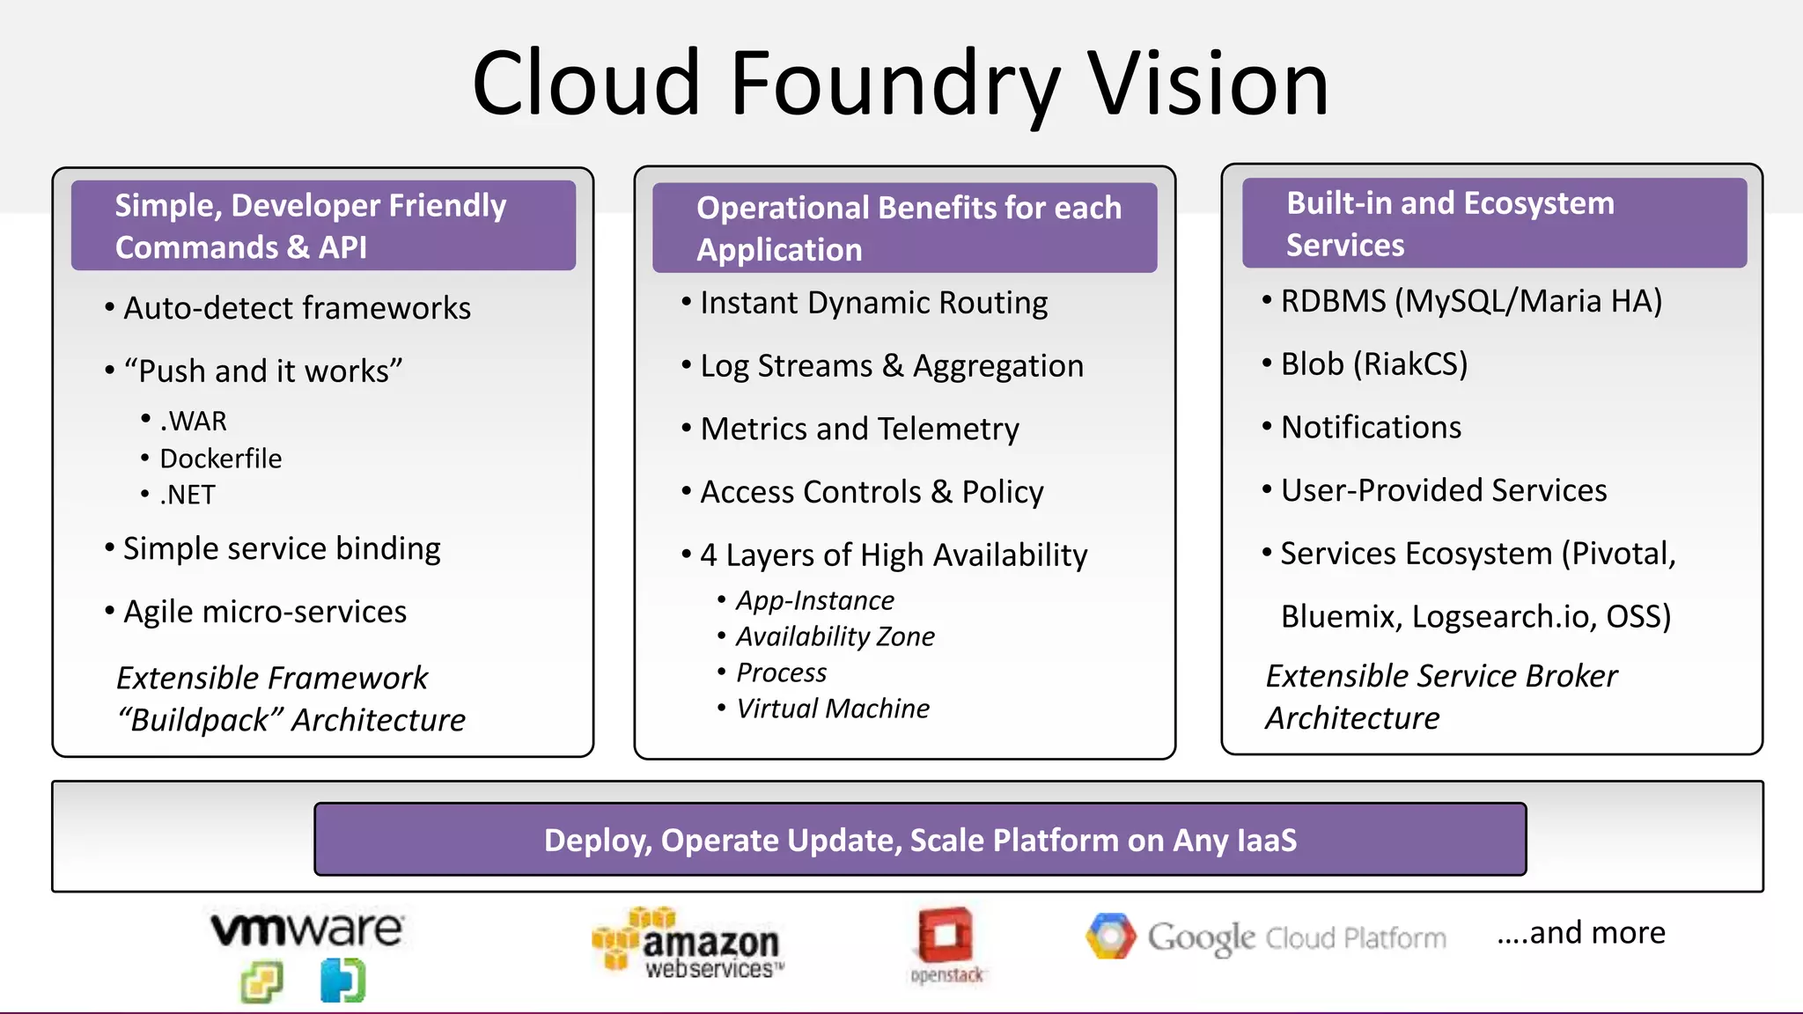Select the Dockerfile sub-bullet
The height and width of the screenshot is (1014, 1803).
pos(220,459)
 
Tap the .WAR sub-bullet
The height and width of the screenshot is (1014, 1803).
pos(193,421)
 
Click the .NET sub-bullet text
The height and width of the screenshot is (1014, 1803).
pos(187,495)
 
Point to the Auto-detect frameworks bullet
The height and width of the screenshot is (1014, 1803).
pos(297,308)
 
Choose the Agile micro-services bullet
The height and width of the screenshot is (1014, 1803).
pos(264,612)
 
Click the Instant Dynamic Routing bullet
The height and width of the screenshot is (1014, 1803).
pos(873,303)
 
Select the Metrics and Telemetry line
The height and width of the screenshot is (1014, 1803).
pos(859,429)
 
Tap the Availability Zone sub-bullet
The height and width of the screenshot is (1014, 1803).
pos(835,636)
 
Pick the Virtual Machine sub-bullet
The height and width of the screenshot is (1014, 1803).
pos(832,709)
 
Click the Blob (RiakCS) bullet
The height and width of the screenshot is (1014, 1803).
pos(1373,364)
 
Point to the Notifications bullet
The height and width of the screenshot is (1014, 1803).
pos(1371,427)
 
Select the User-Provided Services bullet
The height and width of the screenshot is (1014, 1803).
pos(1443,490)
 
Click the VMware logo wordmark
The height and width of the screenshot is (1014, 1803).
pos(306,929)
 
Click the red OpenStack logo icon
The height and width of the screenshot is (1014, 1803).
pos(946,935)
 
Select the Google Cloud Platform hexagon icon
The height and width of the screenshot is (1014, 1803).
pos(1111,936)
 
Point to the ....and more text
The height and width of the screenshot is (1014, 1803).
pos(1581,932)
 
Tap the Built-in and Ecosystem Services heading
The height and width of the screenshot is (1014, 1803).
pos(1449,224)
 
